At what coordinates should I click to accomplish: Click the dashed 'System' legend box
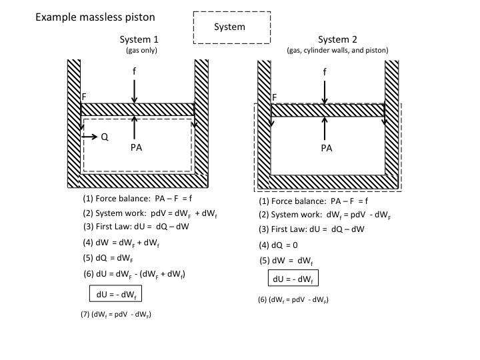[x=231, y=27]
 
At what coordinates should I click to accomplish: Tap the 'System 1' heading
[x=139, y=39]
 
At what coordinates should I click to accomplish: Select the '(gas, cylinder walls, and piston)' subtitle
[x=337, y=50]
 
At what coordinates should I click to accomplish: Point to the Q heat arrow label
[x=104, y=137]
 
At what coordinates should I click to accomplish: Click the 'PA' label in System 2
[x=326, y=148]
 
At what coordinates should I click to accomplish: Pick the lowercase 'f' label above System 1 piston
[x=135, y=71]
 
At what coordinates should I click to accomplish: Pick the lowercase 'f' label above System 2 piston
[x=325, y=71]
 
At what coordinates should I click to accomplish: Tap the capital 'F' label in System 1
[x=84, y=97]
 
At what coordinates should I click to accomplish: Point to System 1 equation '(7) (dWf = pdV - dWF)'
[x=115, y=314]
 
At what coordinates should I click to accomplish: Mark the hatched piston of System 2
[x=327, y=110]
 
